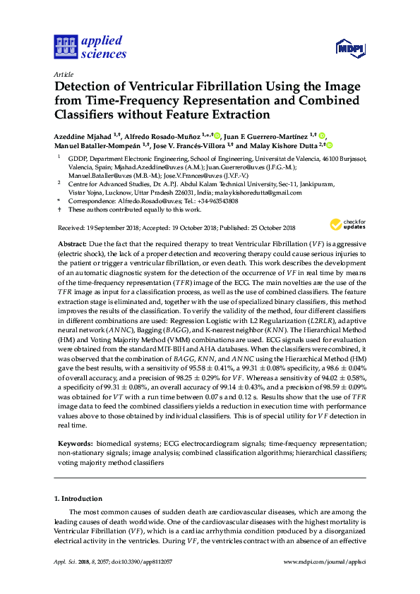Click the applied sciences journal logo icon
(x=65, y=47)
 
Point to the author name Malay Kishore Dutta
(x=285, y=146)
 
